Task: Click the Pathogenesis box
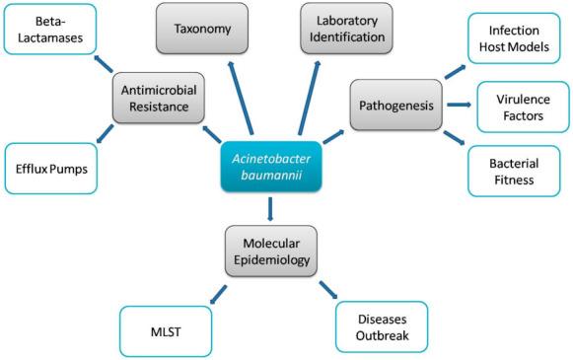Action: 394,103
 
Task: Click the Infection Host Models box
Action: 518,38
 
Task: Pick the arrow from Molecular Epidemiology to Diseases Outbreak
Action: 325,291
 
